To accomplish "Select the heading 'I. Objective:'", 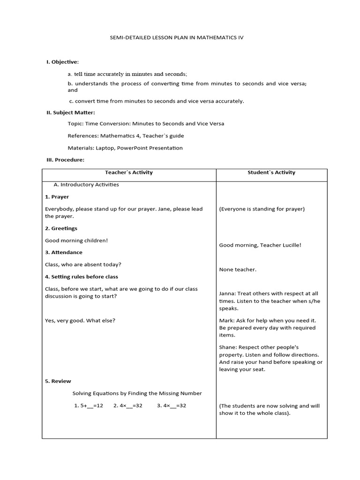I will click(x=62, y=62).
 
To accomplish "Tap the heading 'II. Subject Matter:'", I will click(x=70, y=112).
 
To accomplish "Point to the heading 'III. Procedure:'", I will click(x=65, y=160).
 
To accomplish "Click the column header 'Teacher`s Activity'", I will click(x=129, y=172).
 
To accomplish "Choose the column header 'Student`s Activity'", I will click(x=271, y=172).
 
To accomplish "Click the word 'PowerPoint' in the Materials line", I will click(x=132, y=148).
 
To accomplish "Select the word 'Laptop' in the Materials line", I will click(x=105, y=148).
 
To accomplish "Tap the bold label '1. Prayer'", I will click(x=57, y=197).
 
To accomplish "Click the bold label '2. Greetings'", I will click(x=61, y=228).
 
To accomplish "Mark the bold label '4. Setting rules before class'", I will click(x=82, y=277).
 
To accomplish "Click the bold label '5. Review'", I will click(x=58, y=381).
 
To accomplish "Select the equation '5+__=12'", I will click(x=89, y=405).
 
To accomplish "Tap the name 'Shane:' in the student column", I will click(x=228, y=347).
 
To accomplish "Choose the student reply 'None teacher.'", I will click(x=238, y=270).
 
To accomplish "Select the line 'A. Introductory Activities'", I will click(x=86, y=185).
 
